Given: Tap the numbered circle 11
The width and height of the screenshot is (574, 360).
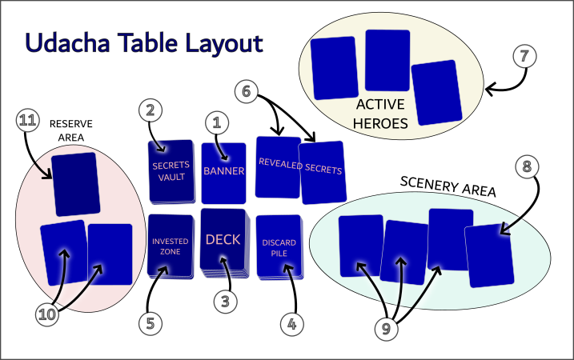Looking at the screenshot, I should click(x=28, y=122).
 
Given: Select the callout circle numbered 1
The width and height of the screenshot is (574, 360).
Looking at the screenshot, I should click(x=214, y=122).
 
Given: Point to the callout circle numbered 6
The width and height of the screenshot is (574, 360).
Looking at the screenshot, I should click(x=247, y=92).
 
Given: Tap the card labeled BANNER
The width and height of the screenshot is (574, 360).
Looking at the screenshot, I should click(x=223, y=172).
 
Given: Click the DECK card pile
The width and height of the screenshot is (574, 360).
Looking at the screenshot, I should click(x=223, y=240).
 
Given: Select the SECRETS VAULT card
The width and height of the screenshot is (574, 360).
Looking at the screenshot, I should click(x=171, y=170).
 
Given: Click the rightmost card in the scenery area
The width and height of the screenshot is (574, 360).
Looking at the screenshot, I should click(x=489, y=255).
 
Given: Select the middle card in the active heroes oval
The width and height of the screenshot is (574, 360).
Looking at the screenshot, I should click(x=387, y=60).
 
